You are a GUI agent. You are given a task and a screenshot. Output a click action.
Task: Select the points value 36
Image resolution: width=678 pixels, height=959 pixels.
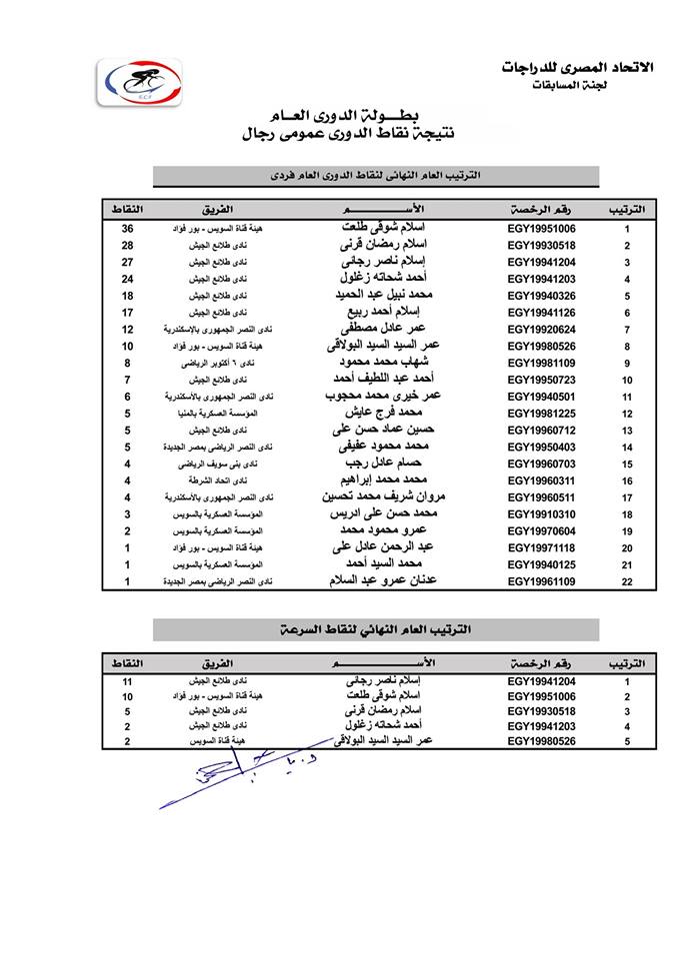click(x=127, y=228)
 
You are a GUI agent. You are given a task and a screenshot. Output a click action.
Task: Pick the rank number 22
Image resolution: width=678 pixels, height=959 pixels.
click(x=627, y=581)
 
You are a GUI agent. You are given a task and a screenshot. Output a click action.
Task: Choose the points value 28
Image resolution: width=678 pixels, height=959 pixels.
click(x=127, y=245)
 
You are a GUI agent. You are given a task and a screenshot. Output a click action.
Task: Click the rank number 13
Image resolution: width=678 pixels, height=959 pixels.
click(x=627, y=431)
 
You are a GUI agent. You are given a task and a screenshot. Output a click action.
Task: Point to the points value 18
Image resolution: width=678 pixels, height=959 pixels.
click(x=127, y=296)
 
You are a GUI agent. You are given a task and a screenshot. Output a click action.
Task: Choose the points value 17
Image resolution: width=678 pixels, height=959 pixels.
click(x=127, y=313)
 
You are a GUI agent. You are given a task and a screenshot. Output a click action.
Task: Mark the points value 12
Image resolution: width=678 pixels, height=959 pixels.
click(x=127, y=330)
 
